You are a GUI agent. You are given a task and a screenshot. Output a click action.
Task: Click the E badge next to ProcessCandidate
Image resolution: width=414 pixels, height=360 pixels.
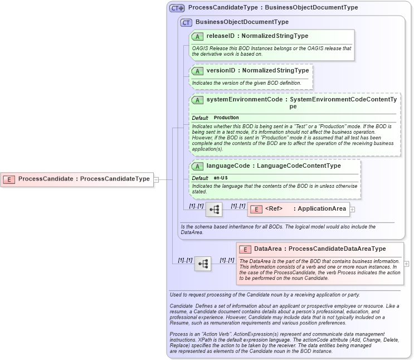[x=9, y=179]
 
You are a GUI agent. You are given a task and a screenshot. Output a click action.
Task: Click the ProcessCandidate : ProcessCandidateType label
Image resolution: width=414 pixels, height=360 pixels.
[x=84, y=179]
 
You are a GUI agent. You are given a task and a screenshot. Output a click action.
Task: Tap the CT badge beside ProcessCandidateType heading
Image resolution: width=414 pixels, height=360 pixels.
[x=177, y=8]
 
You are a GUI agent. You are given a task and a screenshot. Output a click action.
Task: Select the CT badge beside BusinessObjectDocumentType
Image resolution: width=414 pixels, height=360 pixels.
[x=186, y=22]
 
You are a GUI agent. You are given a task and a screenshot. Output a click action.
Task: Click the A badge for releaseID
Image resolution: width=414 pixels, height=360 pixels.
[x=197, y=36]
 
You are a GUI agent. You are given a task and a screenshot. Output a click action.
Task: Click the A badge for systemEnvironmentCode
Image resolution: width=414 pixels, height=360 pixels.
[x=197, y=100]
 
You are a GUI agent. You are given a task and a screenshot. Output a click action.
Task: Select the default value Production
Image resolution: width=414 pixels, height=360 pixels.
[x=226, y=118]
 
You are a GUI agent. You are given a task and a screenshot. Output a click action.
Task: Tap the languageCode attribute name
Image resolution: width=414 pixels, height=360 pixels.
[x=227, y=166]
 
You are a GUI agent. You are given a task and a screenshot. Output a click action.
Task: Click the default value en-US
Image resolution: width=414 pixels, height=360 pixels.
[x=221, y=178]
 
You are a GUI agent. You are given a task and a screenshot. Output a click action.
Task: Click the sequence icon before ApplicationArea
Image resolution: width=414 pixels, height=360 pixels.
[x=214, y=210]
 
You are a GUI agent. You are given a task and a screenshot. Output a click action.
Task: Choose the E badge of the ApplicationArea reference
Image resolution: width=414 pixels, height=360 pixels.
[x=256, y=210]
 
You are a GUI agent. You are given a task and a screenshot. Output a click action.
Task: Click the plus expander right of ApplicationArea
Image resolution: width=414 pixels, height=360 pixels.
[x=352, y=210]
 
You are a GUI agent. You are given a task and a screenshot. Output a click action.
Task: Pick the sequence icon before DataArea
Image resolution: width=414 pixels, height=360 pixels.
[x=203, y=264]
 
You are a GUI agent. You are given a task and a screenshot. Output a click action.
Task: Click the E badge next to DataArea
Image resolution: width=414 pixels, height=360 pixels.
[x=245, y=249]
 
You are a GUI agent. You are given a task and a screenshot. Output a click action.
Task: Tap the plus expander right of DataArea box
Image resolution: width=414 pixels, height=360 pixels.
[x=406, y=264]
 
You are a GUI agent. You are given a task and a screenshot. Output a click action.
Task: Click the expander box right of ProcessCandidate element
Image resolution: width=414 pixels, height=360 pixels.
[x=157, y=179]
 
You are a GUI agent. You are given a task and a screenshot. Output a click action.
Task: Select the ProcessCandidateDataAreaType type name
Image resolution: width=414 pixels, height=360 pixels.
[x=337, y=249]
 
